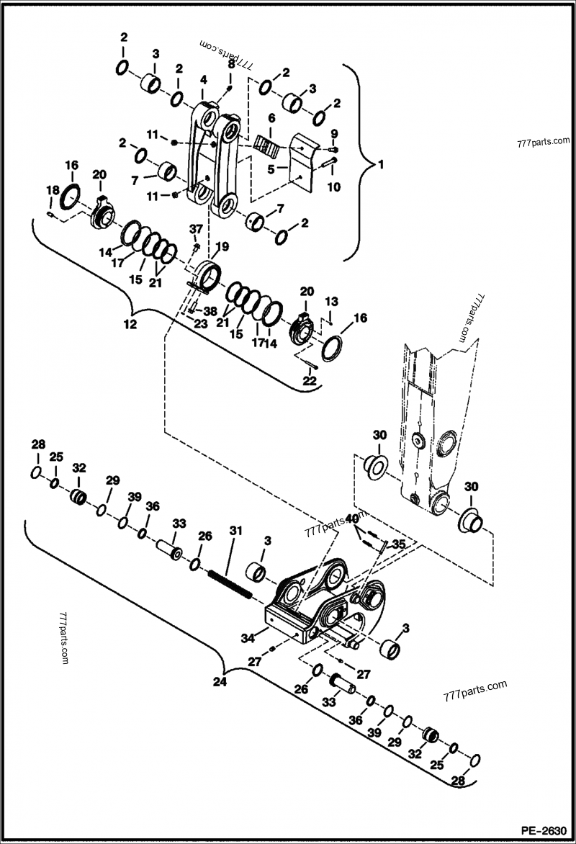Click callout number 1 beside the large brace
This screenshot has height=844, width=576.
click(x=381, y=163)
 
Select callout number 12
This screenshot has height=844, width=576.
click(x=130, y=325)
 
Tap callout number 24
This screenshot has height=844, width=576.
click(x=220, y=681)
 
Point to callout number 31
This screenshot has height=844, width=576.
click(x=233, y=531)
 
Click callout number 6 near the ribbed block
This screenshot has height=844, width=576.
click(x=272, y=117)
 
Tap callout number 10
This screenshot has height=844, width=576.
click(x=333, y=187)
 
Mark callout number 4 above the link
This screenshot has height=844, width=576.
click(x=204, y=78)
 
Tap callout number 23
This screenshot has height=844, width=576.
click(x=201, y=324)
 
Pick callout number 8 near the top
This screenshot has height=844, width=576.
click(x=231, y=64)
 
